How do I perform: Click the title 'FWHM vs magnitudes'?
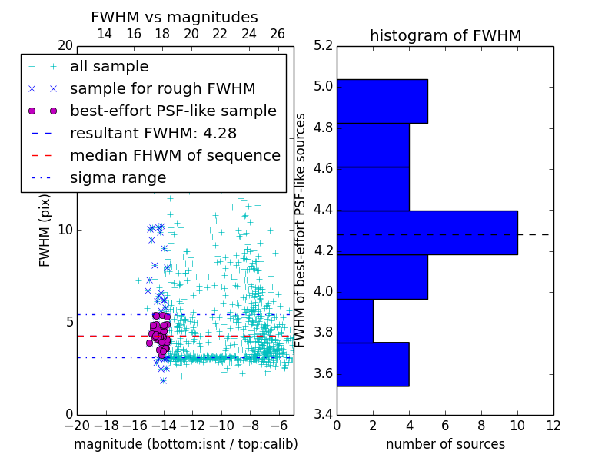[x=174, y=17]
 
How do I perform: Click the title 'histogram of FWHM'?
[x=445, y=35]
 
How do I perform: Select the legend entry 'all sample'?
[x=109, y=67]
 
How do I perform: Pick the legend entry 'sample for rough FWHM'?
[x=162, y=88]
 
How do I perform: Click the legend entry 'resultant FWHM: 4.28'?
[x=153, y=133]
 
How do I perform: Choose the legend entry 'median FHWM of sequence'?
[x=175, y=155]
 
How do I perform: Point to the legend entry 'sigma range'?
[x=118, y=177]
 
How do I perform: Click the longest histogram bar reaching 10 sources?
[x=427, y=232]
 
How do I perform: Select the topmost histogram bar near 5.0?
[x=381, y=101]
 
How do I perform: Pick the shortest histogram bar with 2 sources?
[x=354, y=320]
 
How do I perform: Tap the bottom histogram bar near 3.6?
[x=372, y=364]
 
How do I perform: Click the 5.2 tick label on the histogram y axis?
[x=323, y=45]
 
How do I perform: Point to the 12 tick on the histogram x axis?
[x=552, y=426]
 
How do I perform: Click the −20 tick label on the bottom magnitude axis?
[x=75, y=426]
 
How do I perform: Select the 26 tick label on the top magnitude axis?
[x=278, y=34]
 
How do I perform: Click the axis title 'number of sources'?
[x=445, y=444]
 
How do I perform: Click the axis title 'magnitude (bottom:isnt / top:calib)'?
[x=185, y=444]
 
